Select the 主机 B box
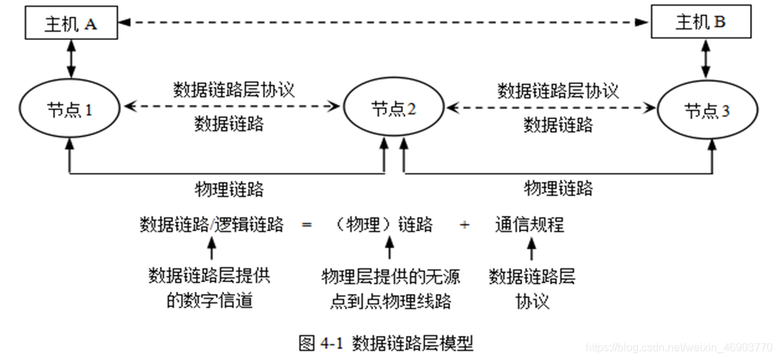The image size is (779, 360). tap(701, 23)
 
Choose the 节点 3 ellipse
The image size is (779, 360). tap(707, 111)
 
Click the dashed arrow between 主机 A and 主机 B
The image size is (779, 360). tap(385, 23)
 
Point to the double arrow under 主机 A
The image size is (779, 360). tap(70, 59)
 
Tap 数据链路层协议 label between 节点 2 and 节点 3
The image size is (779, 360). tap(558, 90)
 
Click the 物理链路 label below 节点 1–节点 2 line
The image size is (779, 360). tap(229, 189)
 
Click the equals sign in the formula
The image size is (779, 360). tap(307, 225)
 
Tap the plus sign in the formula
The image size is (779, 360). tap(465, 225)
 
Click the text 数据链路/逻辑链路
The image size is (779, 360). tap(211, 224)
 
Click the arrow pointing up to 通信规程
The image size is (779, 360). tap(530, 248)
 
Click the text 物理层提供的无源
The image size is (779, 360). tap(390, 277)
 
